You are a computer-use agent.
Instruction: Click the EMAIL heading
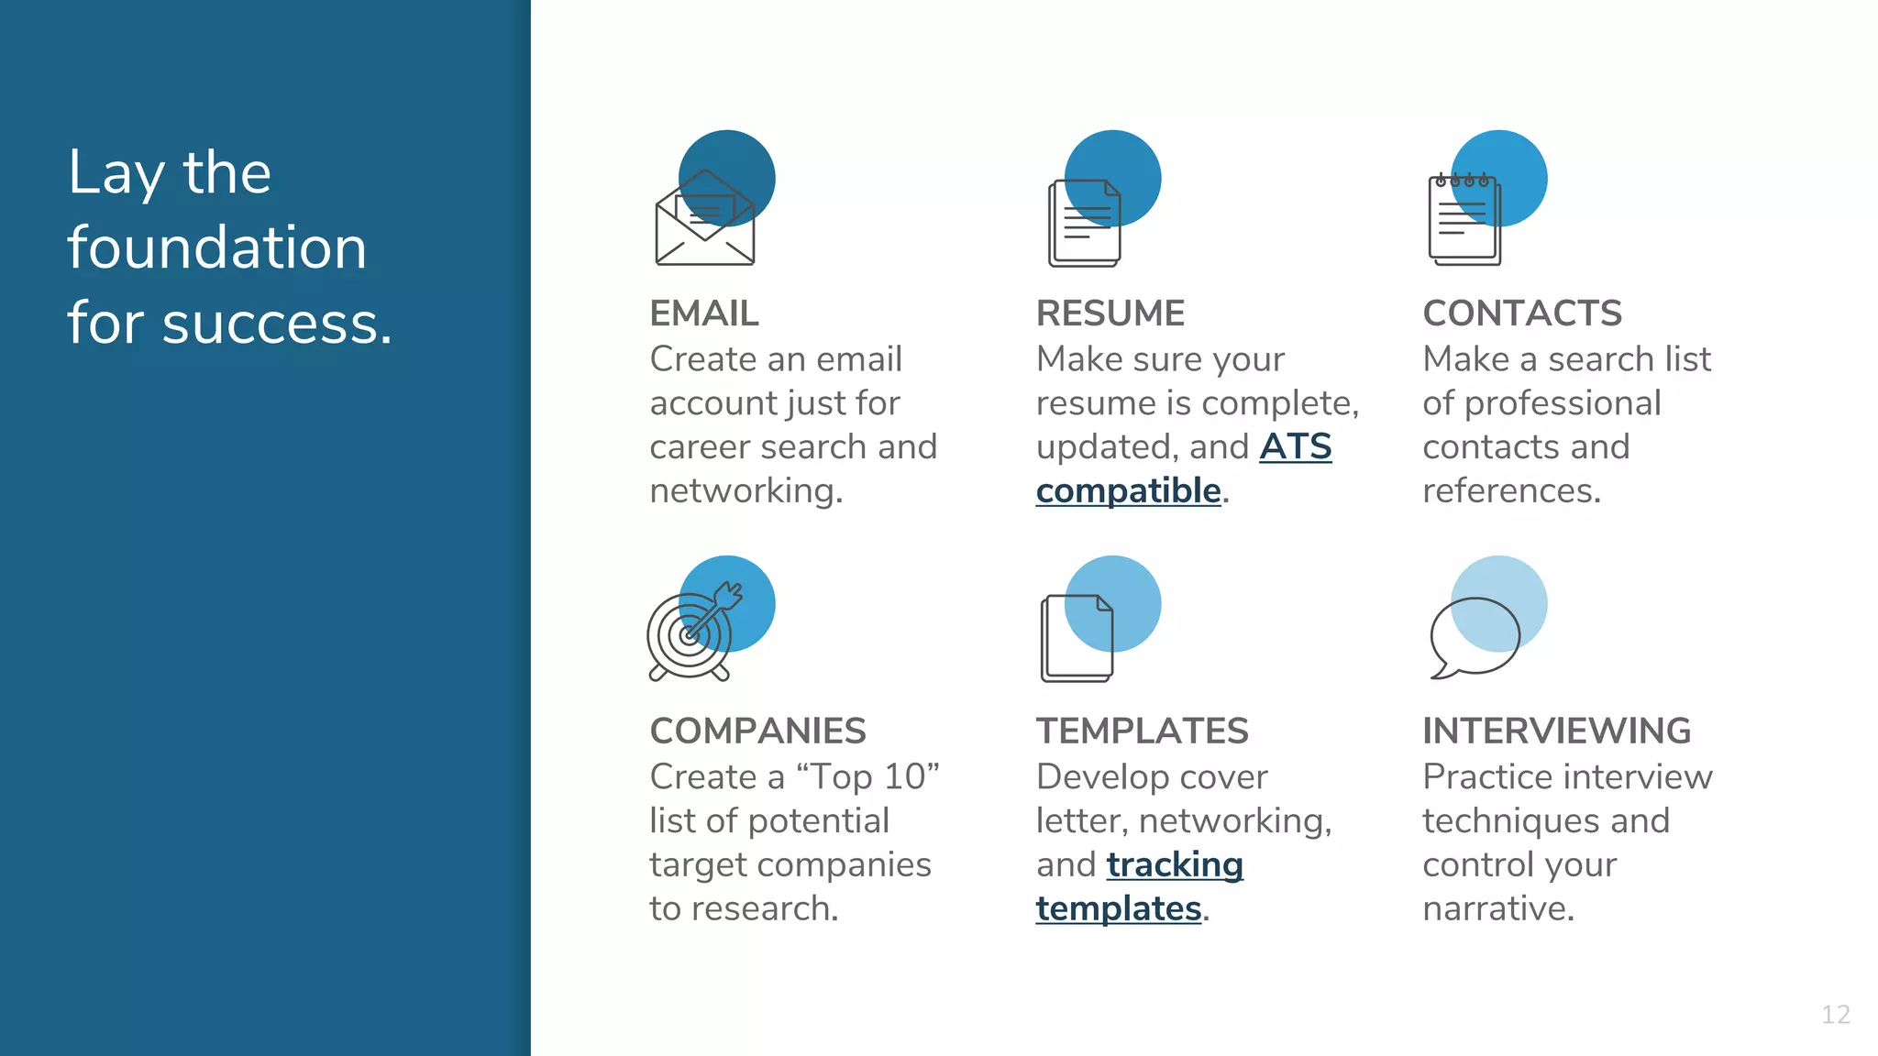coord(703,313)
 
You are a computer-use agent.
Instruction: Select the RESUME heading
coord(1110,313)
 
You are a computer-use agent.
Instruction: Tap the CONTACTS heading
coord(1521,313)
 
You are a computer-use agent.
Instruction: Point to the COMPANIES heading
coord(757,731)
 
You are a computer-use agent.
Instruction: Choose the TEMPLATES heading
coord(1142,731)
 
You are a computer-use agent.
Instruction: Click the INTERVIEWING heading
coord(1556,731)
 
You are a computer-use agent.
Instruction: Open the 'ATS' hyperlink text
coord(1295,447)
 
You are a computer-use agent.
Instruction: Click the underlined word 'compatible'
coord(1128,491)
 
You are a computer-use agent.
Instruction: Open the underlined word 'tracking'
coord(1175,864)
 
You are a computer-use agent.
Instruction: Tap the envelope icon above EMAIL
coord(705,220)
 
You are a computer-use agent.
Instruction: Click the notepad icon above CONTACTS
coord(1464,220)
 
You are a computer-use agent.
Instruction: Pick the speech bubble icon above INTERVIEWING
coord(1474,638)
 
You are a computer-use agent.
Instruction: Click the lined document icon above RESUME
coord(1085,223)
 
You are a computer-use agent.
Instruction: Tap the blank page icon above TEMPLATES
coord(1077,638)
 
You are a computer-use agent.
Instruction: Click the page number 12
coord(1835,1015)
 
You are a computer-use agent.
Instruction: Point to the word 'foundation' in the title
coord(216,247)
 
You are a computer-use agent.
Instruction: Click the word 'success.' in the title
coord(277,324)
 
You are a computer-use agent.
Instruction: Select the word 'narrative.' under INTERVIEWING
coord(1497,908)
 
